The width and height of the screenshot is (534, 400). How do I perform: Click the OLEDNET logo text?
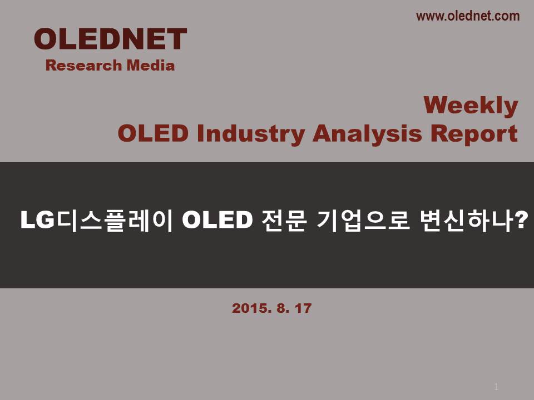pos(110,39)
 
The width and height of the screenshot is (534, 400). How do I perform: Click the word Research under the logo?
pos(83,66)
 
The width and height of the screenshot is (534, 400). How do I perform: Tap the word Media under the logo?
pos(151,66)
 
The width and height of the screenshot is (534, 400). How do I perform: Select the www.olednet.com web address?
pos(468,16)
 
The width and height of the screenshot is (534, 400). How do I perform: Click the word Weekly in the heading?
pos(471,106)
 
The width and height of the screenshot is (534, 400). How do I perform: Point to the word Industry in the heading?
pos(251,134)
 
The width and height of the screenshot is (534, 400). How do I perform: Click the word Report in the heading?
pos(474,134)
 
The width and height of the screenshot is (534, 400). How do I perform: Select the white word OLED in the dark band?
pos(217,220)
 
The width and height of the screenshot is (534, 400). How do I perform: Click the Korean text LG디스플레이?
pos(97,221)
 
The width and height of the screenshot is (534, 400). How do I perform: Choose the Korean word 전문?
pos(284,221)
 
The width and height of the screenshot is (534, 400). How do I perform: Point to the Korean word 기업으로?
pos(363,221)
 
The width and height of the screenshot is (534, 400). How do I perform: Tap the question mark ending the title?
pos(521,220)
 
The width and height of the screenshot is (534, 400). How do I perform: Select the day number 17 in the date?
pos(303,308)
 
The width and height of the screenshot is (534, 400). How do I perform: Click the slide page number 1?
pos(496,387)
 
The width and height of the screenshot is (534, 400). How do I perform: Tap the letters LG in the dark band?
pos(37,220)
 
